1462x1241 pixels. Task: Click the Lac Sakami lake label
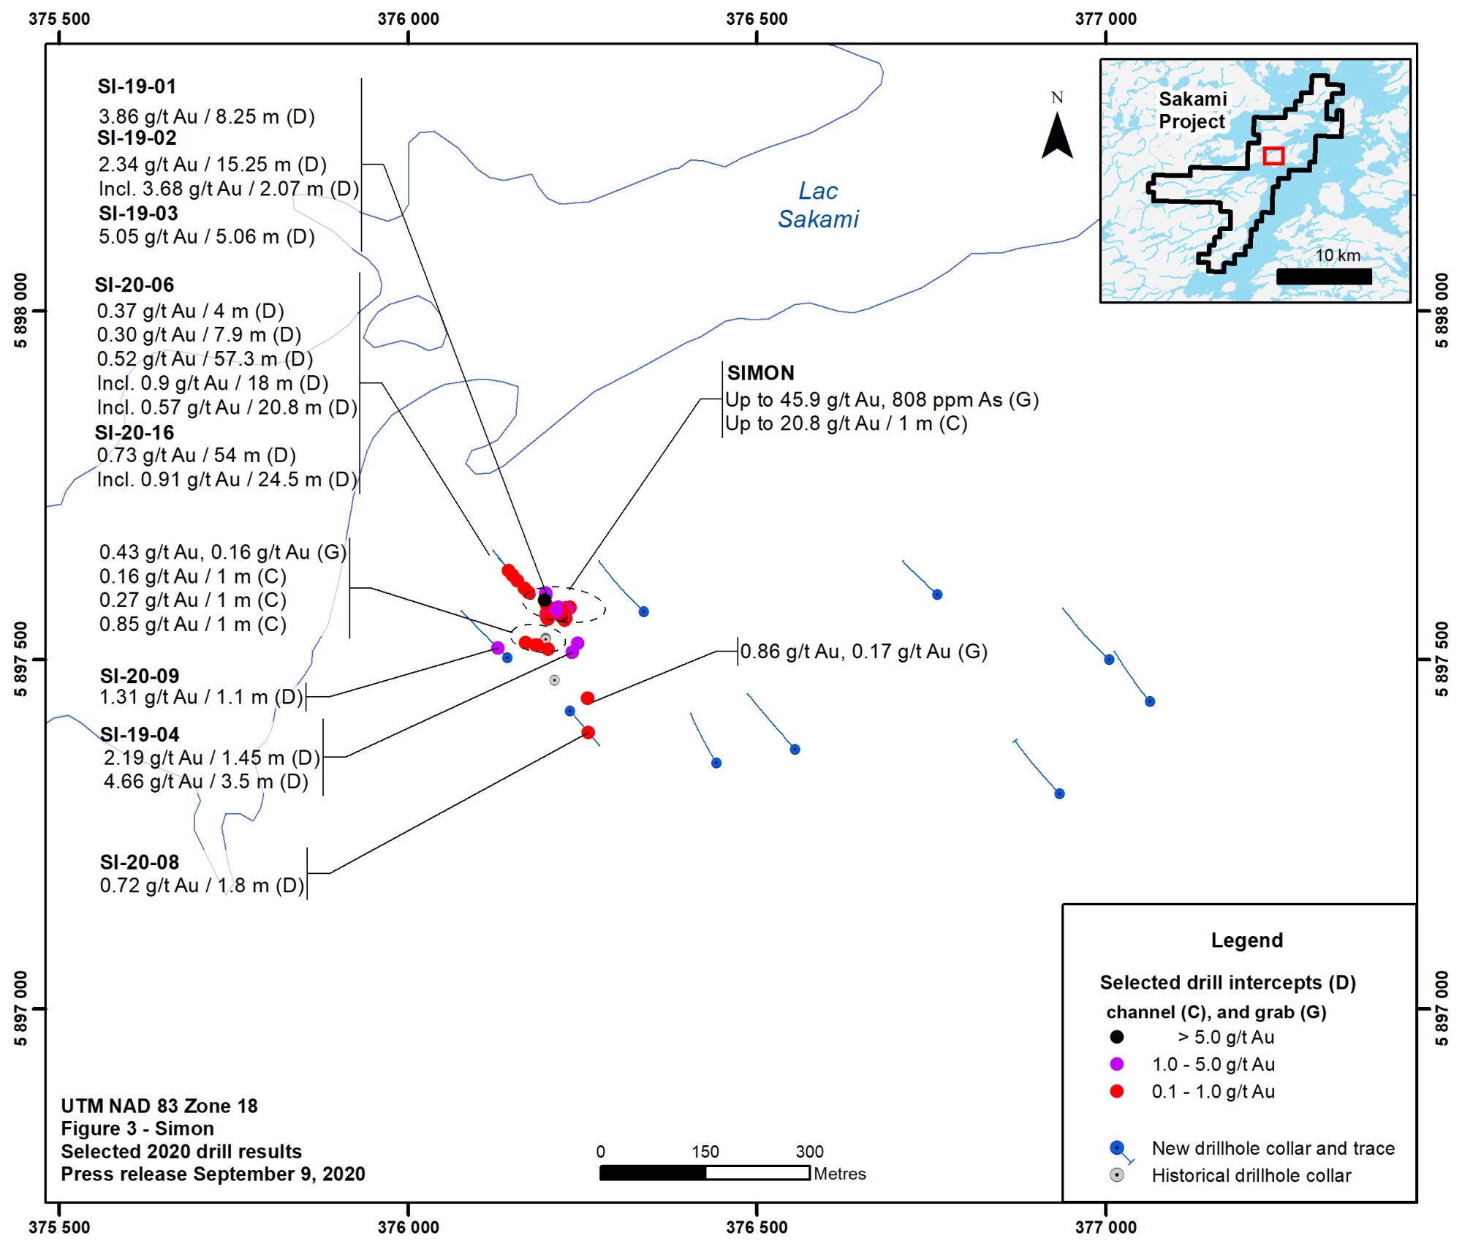pos(818,205)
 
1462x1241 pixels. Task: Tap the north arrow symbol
pos(1057,135)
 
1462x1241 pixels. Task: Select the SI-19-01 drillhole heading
pos(137,86)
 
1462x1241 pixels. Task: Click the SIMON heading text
pos(760,373)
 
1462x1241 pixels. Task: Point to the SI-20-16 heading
pos(135,433)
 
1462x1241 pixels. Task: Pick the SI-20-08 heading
pos(140,862)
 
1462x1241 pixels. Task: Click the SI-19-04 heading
pos(140,734)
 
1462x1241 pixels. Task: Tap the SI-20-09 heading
pos(140,676)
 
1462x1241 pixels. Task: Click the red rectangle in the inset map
pos(1273,156)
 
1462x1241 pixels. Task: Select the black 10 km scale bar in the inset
pos(1324,276)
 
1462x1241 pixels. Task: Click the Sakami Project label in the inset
pos(1193,110)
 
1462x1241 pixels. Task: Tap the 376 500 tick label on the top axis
pos(757,19)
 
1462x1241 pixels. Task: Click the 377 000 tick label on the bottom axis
pos(1105,1226)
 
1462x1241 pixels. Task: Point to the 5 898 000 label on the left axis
pos(20,311)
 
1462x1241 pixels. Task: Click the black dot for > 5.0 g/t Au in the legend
pos(1117,1037)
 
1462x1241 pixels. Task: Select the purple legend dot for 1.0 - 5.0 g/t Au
pos(1117,1064)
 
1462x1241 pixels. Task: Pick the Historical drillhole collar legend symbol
pos(1117,1175)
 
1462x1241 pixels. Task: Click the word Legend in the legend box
pos(1246,940)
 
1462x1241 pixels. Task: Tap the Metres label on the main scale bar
pos(840,1174)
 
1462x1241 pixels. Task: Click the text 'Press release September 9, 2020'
pos(213,1174)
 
